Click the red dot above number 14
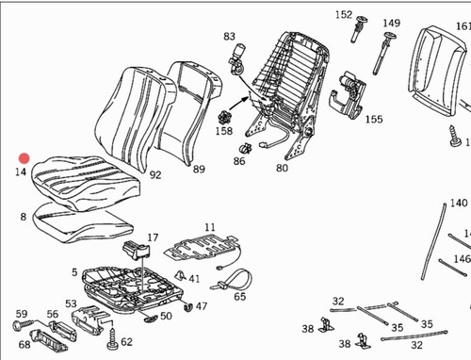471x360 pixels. point(24,158)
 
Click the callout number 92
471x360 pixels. point(155,174)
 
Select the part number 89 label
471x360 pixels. point(199,170)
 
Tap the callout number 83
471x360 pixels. point(229,37)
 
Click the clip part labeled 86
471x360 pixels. point(246,148)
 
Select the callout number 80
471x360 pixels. point(282,168)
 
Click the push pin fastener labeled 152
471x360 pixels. point(359,28)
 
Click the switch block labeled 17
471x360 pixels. point(137,251)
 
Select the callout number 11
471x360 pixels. point(210,227)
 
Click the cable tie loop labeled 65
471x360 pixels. point(233,280)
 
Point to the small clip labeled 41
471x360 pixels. point(180,275)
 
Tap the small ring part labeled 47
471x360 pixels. point(188,306)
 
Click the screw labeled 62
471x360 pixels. point(112,338)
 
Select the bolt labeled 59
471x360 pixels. point(23,325)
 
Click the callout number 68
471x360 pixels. point(24,344)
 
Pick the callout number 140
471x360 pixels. point(459,203)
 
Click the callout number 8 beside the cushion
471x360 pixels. point(24,217)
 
